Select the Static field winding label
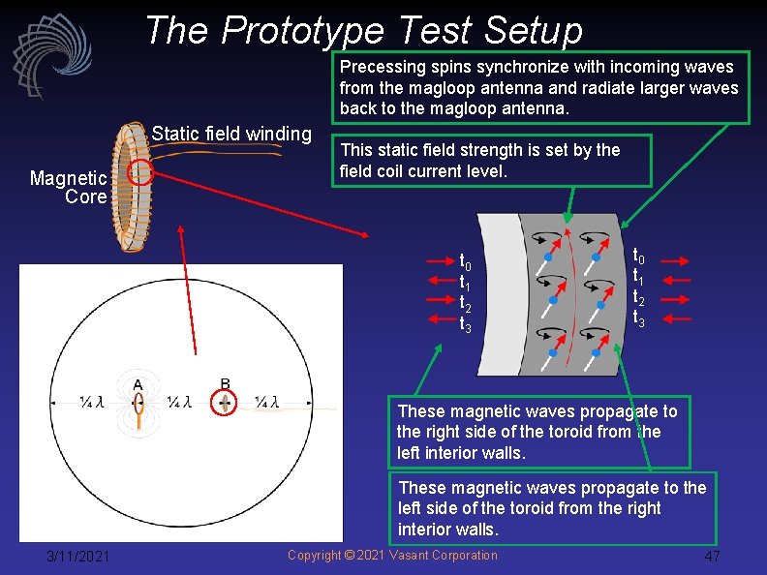[231, 134]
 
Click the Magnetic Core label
[68, 187]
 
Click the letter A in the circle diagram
[138, 385]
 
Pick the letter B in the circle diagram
[225, 383]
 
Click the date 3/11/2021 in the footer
[78, 556]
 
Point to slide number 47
[712, 557]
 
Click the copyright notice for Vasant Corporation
[392, 555]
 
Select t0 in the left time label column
[465, 260]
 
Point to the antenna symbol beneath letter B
[225, 403]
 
